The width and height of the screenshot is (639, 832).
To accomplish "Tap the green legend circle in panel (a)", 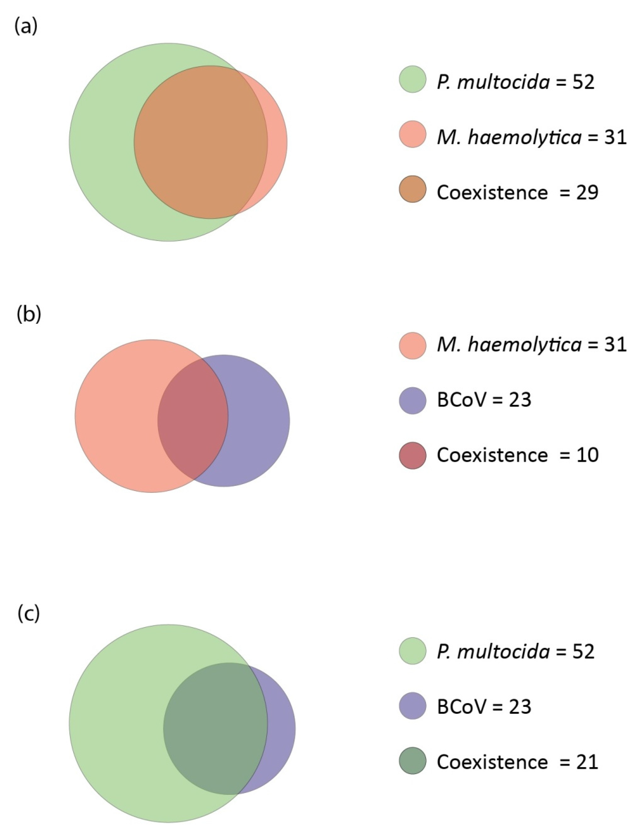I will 412,79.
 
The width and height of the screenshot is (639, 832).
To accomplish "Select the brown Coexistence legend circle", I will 412,189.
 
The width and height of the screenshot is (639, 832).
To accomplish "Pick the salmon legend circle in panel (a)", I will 412,134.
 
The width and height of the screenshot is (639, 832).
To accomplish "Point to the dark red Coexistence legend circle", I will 412,455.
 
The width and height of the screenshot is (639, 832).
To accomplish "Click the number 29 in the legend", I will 587,192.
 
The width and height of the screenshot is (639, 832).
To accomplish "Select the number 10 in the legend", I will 587,455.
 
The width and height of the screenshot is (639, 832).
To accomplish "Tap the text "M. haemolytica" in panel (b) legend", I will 509,345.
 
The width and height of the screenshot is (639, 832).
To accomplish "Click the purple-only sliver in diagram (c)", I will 281,728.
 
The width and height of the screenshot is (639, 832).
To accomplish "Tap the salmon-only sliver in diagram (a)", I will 277,143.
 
